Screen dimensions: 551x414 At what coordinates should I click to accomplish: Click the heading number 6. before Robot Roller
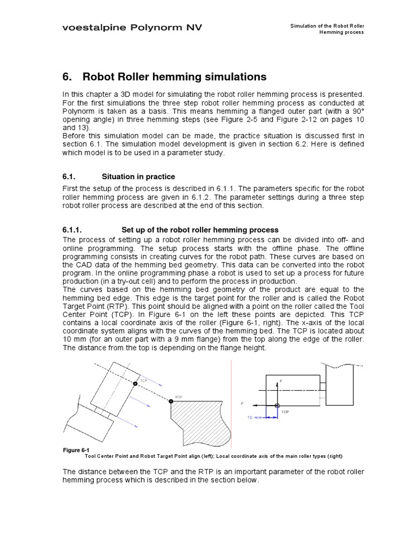click(x=68, y=77)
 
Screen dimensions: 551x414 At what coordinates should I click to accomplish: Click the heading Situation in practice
click(x=139, y=176)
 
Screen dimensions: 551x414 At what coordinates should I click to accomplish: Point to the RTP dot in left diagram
click(x=171, y=401)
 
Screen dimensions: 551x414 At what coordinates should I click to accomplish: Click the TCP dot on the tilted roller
click(x=135, y=383)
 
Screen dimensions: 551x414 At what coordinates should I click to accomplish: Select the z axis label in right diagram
click(x=281, y=381)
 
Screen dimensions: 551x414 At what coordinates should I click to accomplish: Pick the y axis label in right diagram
click(x=243, y=402)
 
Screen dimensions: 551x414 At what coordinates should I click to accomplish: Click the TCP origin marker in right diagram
click(x=277, y=406)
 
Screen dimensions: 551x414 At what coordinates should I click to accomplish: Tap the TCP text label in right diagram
click(x=285, y=412)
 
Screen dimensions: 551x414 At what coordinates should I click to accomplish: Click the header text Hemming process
click(x=341, y=32)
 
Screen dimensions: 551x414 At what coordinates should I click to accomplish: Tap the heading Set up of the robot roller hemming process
click(x=200, y=230)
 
